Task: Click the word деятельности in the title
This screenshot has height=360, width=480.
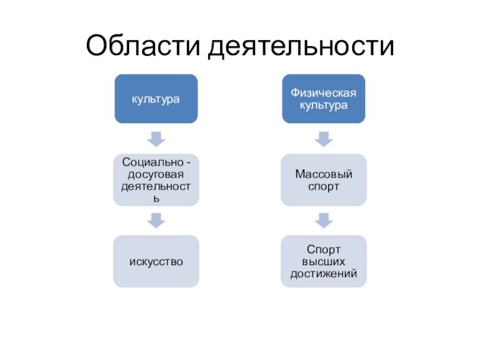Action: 301,46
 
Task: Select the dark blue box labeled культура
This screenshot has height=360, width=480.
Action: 156,98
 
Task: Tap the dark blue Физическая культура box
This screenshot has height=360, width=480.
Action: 324,98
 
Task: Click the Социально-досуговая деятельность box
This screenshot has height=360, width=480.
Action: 156,179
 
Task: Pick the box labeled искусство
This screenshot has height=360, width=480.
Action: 156,261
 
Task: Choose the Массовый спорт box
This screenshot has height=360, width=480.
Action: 324,179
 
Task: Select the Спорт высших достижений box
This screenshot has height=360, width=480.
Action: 324,261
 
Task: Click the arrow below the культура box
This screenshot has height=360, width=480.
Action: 156,139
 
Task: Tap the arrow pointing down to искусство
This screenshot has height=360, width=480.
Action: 156,220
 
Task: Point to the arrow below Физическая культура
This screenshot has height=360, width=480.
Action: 324,139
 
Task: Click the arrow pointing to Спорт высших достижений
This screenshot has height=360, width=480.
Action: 324,220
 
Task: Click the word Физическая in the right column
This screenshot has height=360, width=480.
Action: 324,92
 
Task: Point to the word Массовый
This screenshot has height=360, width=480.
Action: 324,174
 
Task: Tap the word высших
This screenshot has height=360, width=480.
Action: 324,261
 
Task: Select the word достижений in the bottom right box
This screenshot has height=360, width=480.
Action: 324,273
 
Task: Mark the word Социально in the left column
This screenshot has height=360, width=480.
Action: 148,163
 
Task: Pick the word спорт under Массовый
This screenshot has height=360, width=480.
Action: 324,186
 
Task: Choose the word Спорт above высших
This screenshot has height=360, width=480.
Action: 324,249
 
